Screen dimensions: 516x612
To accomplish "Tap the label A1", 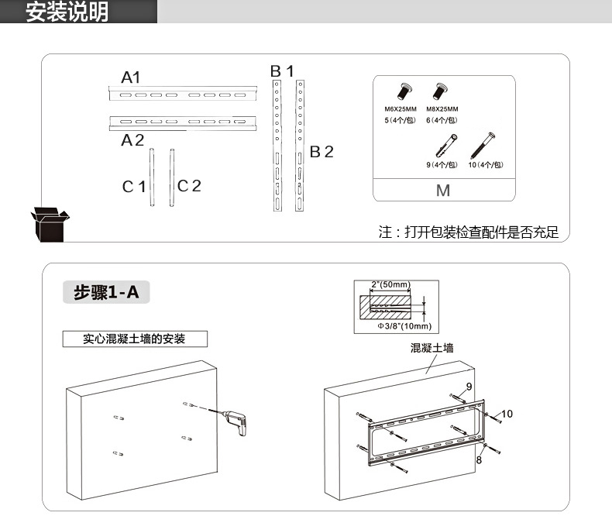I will click(x=130, y=77).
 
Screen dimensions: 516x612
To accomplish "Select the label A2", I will click(x=132, y=140).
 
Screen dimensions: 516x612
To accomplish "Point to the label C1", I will click(x=133, y=186).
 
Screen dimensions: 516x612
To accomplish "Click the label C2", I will click(x=189, y=186).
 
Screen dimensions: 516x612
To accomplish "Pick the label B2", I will click(x=321, y=152).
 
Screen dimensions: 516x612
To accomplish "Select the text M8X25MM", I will click(x=442, y=109).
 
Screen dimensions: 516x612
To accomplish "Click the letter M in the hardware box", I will click(x=443, y=191).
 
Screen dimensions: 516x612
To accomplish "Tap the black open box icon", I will click(x=49, y=224).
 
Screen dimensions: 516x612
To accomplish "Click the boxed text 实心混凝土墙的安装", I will click(x=135, y=339).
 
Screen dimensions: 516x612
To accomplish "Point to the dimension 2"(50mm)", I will click(x=390, y=284).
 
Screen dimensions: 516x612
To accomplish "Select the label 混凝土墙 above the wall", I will click(x=431, y=348).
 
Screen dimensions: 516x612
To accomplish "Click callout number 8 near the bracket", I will click(x=479, y=459).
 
